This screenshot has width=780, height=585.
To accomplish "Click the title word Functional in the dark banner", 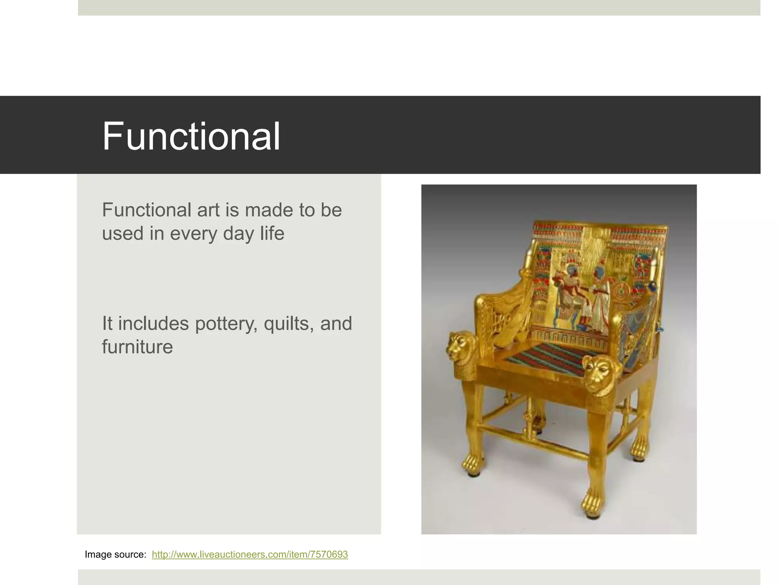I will [191, 136].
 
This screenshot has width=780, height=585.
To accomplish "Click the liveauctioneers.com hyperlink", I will [250, 554].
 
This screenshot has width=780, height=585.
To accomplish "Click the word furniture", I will [137, 347].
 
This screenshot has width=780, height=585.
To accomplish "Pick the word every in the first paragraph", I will [194, 233].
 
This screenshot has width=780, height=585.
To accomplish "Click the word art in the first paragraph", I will [208, 210].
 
